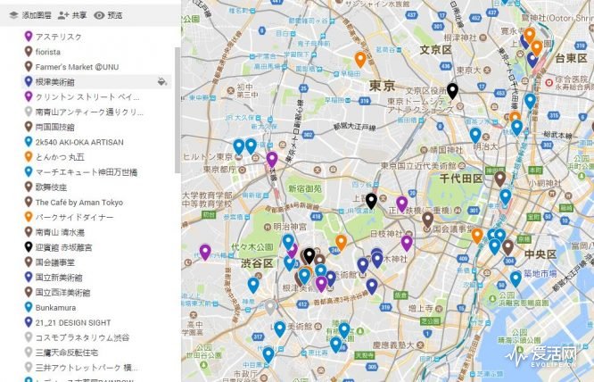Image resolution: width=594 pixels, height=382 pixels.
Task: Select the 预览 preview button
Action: [108, 15]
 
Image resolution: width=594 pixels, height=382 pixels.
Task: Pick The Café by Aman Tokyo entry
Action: [78, 203]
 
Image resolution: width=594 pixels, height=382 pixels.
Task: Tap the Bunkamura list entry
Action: [55, 308]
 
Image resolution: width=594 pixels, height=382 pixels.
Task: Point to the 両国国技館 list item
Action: [59, 128]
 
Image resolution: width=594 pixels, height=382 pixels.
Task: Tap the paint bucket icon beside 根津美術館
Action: [161, 82]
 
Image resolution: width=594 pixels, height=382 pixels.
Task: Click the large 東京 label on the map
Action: [381, 86]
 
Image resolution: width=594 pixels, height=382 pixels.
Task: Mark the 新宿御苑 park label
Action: [305, 190]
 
